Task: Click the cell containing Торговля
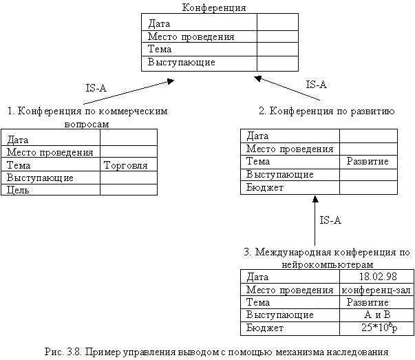pyautogui.click(x=129, y=166)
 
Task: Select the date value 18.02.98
pyautogui.click(x=376, y=277)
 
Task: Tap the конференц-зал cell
pyautogui.click(x=376, y=290)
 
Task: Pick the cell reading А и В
pyautogui.click(x=376, y=315)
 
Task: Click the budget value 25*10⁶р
pyautogui.click(x=376, y=328)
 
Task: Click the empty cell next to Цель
pyautogui.click(x=128, y=190)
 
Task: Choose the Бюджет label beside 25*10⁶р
pyautogui.click(x=265, y=328)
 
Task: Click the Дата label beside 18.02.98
pyautogui.click(x=258, y=277)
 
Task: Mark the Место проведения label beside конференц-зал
pyautogui.click(x=290, y=290)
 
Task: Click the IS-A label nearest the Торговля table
pyautogui.click(x=97, y=89)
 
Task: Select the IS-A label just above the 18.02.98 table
pyautogui.click(x=332, y=221)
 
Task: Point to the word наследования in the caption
pyautogui.click(x=359, y=351)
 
